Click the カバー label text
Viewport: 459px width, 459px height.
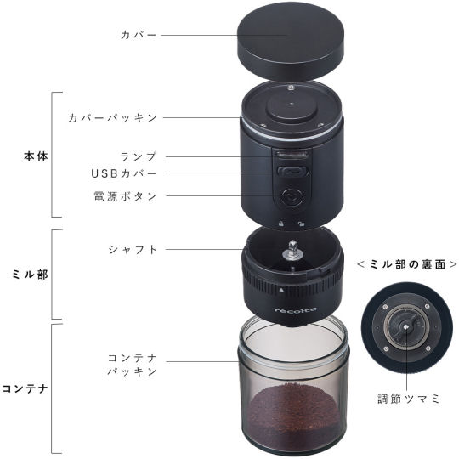pos(139,35)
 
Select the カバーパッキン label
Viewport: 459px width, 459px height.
pos(113,118)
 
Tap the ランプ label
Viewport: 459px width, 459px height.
pos(139,156)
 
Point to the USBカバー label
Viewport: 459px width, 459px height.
pos(124,173)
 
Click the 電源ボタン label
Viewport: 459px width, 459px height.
pos(125,196)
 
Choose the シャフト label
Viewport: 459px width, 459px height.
pos(133,250)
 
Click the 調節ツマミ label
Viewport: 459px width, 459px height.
pos(409,399)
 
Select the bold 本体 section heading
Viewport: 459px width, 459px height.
pos(36,156)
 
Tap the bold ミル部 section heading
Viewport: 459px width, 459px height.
pos(30,275)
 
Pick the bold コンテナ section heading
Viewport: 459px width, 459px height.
pos(25,388)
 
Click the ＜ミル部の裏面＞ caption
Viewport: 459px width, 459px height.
pos(407,264)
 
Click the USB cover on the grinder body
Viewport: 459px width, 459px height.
pos(292,172)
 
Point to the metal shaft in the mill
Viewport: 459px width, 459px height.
pos(292,251)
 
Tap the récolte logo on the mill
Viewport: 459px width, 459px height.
pos(295,310)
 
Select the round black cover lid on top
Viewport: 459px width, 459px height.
pos(291,47)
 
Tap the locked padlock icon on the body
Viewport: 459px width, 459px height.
pos(281,224)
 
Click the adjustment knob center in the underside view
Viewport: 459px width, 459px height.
pos(406,327)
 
